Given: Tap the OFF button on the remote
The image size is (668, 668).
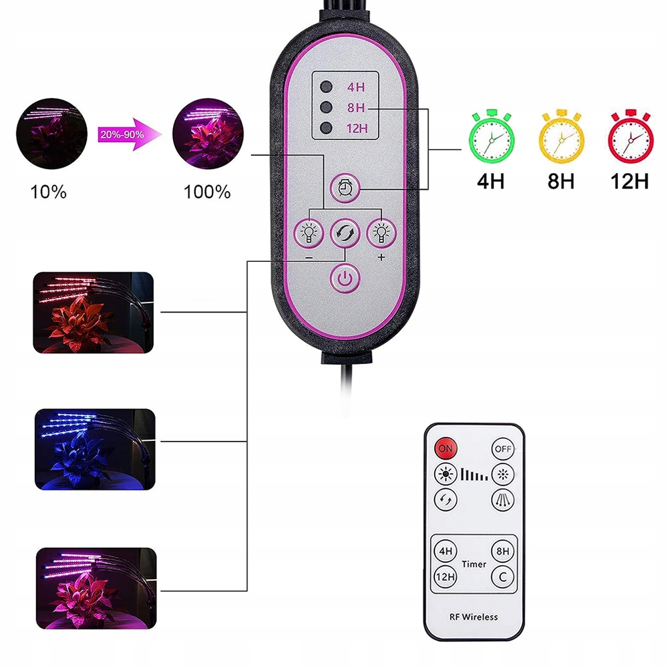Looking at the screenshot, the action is click(x=502, y=449).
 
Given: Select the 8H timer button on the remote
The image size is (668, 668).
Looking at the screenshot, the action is click(x=502, y=552).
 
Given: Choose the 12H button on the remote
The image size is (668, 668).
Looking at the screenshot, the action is click(x=444, y=576).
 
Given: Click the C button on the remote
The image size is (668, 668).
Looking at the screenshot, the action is click(x=502, y=576).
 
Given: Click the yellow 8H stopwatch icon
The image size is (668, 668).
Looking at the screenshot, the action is click(x=560, y=136).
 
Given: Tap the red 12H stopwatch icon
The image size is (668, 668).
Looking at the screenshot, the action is click(x=630, y=136).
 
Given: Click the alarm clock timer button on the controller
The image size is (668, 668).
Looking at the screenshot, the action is click(x=345, y=190).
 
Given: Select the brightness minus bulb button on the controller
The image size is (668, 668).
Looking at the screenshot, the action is click(x=309, y=233).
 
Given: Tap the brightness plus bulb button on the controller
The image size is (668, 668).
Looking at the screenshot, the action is click(x=381, y=233).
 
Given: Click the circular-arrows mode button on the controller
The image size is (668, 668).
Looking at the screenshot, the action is click(x=345, y=233).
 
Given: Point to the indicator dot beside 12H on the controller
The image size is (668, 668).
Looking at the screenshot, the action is click(x=326, y=128).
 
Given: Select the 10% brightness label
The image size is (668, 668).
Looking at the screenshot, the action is click(x=49, y=192).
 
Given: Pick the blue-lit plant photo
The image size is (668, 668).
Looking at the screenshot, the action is click(x=94, y=450).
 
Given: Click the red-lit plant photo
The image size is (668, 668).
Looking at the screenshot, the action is click(x=94, y=312).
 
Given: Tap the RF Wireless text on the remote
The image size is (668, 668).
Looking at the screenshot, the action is click(x=474, y=617).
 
